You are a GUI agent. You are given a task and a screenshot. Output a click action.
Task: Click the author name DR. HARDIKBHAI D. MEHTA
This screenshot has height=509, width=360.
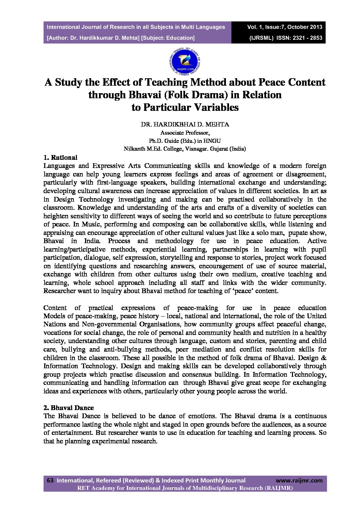(185, 124)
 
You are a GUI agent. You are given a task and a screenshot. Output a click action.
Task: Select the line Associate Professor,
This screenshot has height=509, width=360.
(185, 133)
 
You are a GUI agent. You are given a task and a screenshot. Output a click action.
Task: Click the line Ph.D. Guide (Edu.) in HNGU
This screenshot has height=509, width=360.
(185, 140)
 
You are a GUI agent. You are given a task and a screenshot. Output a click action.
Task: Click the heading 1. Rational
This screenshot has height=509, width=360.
(60, 157)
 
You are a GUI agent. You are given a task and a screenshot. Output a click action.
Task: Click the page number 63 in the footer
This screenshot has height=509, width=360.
(50, 480)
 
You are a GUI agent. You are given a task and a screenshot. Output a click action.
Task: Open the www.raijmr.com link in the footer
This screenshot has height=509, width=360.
(299, 480)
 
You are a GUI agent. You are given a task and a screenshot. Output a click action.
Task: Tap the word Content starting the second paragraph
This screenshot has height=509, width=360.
(55, 308)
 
